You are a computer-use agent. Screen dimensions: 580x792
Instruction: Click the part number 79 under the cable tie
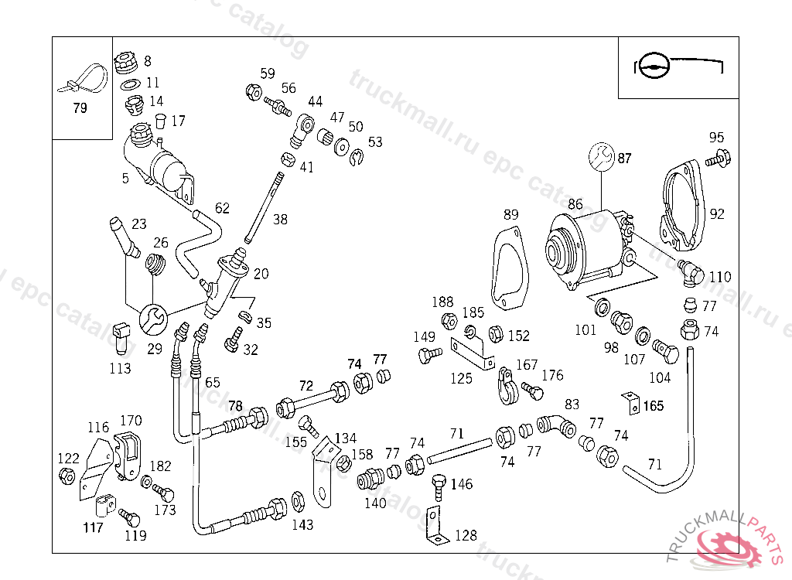click(x=80, y=108)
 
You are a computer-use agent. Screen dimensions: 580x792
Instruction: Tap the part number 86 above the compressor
click(x=575, y=205)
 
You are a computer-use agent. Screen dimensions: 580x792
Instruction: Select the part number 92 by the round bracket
click(x=717, y=213)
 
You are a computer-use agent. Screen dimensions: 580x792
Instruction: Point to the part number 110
click(x=719, y=277)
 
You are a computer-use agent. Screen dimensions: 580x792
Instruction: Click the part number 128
click(x=466, y=535)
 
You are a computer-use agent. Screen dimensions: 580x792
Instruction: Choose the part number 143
click(x=302, y=525)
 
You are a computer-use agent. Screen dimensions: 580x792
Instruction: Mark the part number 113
click(x=120, y=369)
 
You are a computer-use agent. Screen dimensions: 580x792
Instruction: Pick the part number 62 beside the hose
click(x=222, y=207)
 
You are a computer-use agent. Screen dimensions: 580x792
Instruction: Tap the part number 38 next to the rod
click(x=279, y=220)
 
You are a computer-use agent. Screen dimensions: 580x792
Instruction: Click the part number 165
click(x=654, y=405)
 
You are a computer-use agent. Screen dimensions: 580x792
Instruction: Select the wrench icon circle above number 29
click(x=152, y=318)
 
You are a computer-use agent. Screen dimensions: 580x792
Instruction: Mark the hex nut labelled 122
click(x=67, y=476)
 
